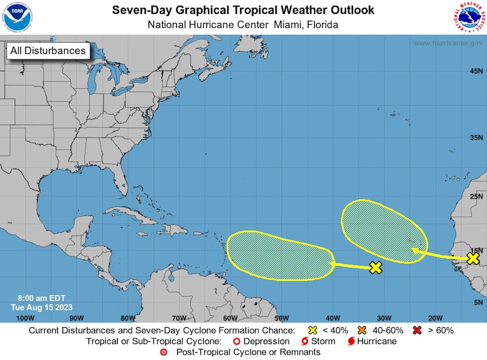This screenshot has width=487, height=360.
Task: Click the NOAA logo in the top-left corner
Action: point(18,17)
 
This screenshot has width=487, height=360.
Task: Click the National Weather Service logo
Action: point(469,17)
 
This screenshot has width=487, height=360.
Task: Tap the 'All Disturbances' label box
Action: point(48,51)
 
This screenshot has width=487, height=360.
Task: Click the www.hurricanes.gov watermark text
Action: point(448,43)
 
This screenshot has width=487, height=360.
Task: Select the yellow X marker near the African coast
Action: point(473,258)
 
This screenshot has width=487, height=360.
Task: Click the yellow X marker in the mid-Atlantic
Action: point(376,268)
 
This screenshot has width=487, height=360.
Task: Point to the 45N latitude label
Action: point(476,71)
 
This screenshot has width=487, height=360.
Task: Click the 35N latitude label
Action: point(476,138)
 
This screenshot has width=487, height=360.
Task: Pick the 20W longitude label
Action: point(435,318)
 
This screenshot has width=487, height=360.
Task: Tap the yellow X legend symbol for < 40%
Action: point(313,330)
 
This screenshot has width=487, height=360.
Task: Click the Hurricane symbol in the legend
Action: point(351,341)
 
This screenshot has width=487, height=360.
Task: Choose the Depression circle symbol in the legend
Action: point(237,341)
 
